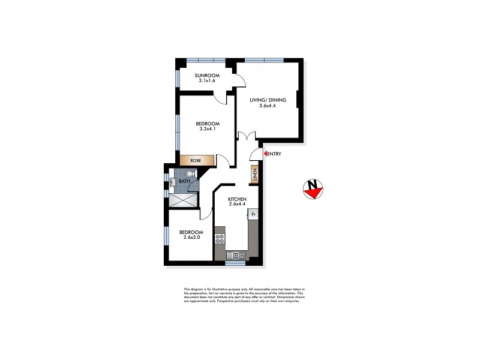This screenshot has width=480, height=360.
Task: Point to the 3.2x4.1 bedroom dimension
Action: click(207, 129)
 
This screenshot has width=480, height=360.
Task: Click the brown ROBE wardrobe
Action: click(196, 160)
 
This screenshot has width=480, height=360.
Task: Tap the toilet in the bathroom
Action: click(190, 174)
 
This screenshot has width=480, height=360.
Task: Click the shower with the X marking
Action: click(182, 200)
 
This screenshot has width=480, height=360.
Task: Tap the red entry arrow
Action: click(265, 154)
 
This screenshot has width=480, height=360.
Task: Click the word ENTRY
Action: click(275, 154)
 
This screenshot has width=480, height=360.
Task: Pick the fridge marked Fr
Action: click(253, 214)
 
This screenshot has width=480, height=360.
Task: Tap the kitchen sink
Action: click(233, 256)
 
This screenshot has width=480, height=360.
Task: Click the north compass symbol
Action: click(313, 189)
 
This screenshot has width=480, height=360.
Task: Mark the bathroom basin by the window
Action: click(173, 182)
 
